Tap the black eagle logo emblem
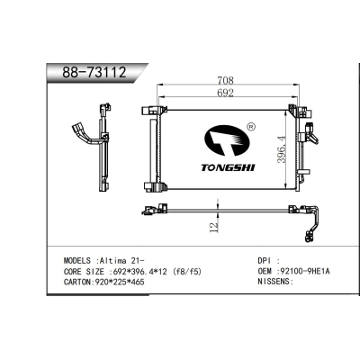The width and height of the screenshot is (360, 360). click(224, 142)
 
